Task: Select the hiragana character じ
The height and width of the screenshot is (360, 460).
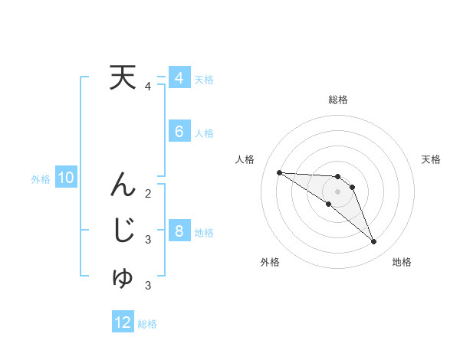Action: (123, 230)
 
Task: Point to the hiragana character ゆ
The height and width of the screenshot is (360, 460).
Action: (123, 278)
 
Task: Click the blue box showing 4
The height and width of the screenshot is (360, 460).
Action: (179, 78)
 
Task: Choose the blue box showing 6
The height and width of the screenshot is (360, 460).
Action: (179, 132)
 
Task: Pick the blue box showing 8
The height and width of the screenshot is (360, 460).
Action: (179, 231)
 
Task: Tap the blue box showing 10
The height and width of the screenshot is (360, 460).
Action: (66, 178)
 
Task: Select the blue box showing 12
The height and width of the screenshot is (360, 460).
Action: (123, 322)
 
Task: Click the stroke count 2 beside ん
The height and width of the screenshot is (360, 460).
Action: (148, 193)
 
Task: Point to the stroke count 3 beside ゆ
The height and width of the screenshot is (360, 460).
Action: (148, 286)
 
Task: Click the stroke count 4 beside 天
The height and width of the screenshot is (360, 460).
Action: (148, 87)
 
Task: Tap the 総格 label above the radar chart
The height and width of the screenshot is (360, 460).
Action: (338, 100)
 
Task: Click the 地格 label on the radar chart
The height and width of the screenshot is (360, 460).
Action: (402, 262)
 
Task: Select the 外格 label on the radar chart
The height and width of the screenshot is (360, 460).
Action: (270, 262)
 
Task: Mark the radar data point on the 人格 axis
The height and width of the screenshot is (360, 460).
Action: (279, 172)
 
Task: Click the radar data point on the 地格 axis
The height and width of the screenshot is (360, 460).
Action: (374, 242)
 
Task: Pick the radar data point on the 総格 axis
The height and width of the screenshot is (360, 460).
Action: (338, 177)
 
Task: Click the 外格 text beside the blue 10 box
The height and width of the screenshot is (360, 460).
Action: (41, 179)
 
